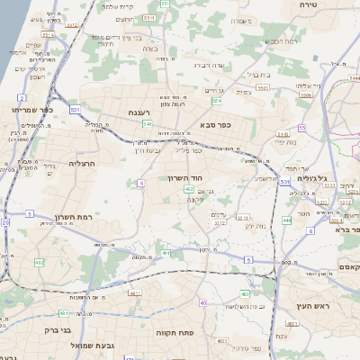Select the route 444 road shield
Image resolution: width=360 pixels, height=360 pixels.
pyautogui.click(x=286, y=219)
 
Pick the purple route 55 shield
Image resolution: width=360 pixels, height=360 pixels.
pyautogui.click(x=302, y=129)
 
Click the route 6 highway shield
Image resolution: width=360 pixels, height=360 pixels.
pyautogui.click(x=310, y=231)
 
